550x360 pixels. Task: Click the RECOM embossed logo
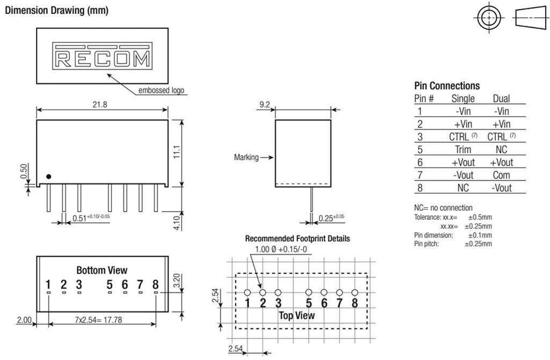coord(102,57)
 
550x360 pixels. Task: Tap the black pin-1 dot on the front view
coord(48,176)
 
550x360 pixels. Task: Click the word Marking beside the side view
coord(247,157)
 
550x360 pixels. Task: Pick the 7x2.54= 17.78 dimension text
coord(102,320)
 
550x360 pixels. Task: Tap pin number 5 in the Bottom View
coord(110,284)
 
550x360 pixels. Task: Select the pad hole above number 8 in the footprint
coord(354,292)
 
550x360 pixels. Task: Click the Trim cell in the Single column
coord(463,149)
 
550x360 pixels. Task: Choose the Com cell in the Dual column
coord(501,175)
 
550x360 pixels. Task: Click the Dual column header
coord(501,98)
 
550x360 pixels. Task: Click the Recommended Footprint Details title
coord(297,238)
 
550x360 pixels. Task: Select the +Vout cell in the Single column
coord(463,162)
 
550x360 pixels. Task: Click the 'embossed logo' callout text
coord(162,91)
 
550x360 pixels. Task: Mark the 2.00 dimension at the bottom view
coord(24,320)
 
